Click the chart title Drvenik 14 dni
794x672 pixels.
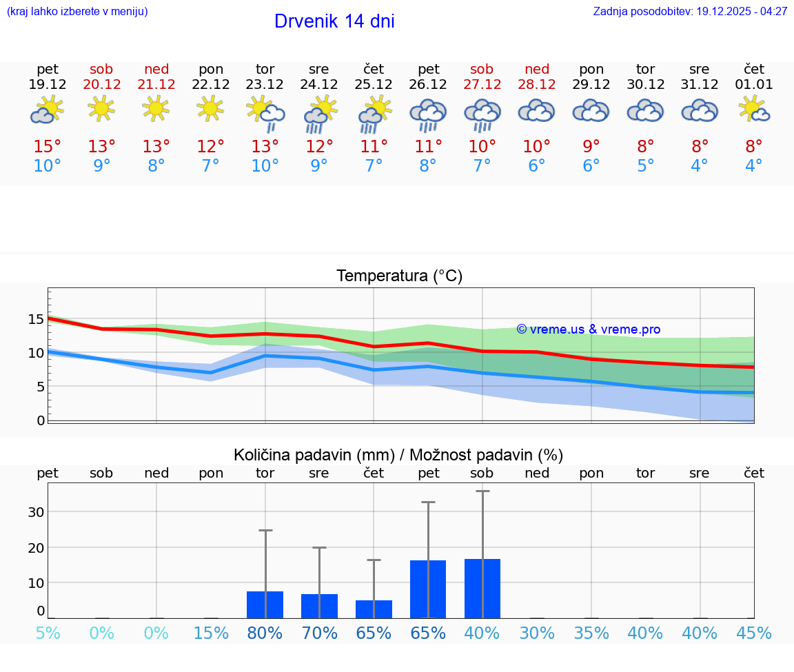(x=334, y=21)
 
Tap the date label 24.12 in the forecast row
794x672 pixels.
(x=318, y=85)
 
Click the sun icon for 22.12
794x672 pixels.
(x=210, y=108)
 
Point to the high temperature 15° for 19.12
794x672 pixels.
(x=48, y=147)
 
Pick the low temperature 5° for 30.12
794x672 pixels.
(x=645, y=166)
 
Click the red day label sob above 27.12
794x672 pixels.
(x=482, y=69)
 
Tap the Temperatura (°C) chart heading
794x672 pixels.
(x=399, y=276)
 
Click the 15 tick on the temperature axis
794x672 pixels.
(x=36, y=319)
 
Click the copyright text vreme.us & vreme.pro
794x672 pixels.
(x=589, y=329)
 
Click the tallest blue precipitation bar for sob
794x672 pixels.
(x=482, y=589)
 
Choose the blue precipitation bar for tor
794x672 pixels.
(x=265, y=604)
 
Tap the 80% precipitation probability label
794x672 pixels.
(x=265, y=633)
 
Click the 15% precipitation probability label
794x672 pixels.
(x=211, y=633)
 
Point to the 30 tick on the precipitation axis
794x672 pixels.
(x=36, y=512)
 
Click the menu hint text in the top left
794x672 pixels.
(x=77, y=12)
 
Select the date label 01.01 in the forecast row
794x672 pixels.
(x=754, y=85)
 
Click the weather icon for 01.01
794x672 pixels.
(x=754, y=109)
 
